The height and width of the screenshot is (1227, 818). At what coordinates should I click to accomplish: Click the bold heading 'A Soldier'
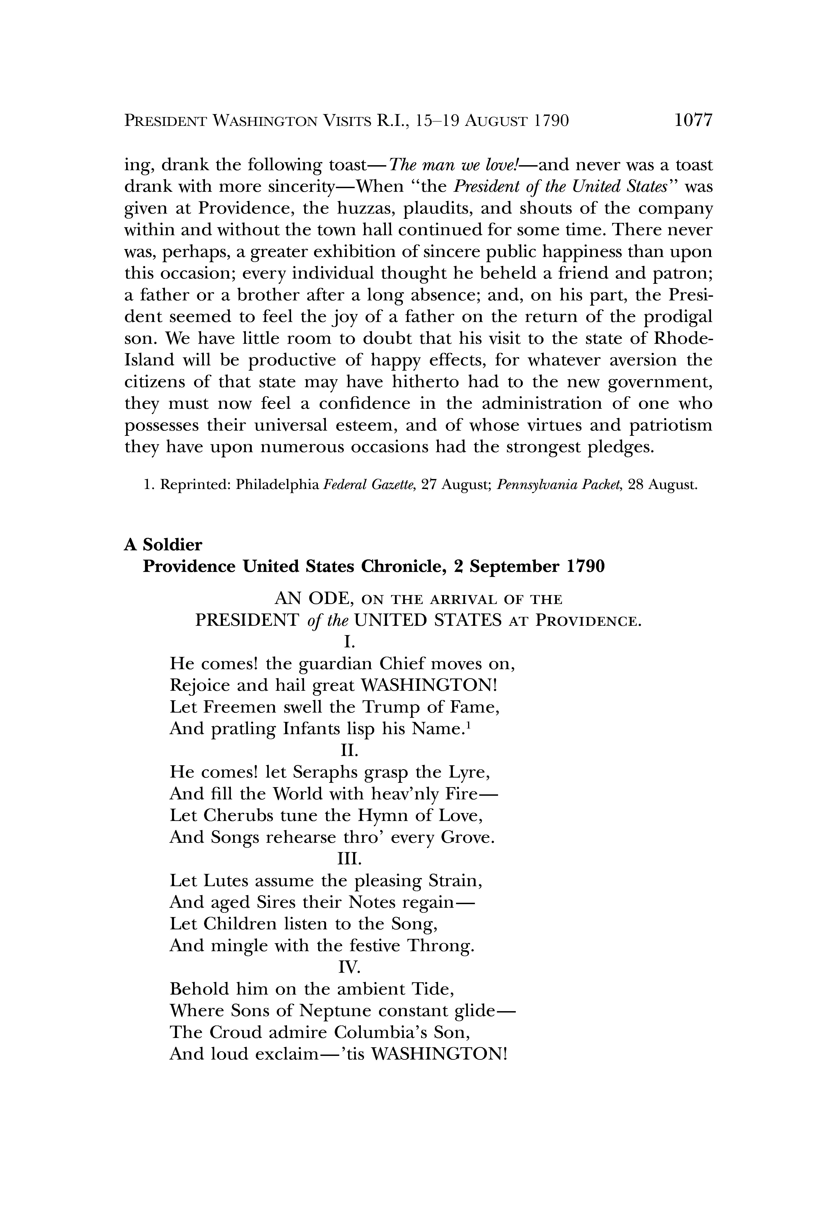pos(163,545)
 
